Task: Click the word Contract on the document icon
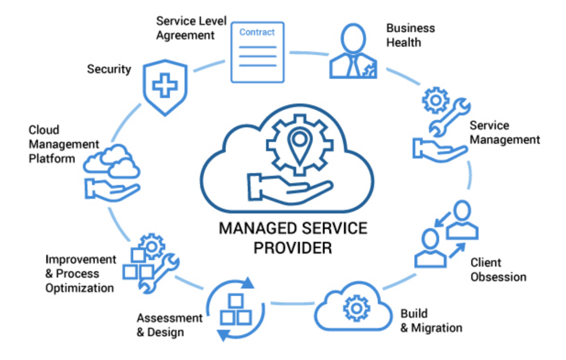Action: [257, 33]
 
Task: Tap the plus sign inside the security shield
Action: [164, 86]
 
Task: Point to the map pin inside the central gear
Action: [299, 145]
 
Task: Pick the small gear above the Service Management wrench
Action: [434, 100]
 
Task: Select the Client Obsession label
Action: [498, 270]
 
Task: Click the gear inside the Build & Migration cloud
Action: [355, 308]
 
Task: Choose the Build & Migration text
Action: [431, 321]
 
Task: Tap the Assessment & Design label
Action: [169, 325]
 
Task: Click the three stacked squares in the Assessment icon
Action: [235, 311]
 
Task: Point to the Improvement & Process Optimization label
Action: [80, 273]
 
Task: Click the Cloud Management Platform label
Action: [64, 144]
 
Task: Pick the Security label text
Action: [109, 69]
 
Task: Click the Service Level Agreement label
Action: [191, 28]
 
